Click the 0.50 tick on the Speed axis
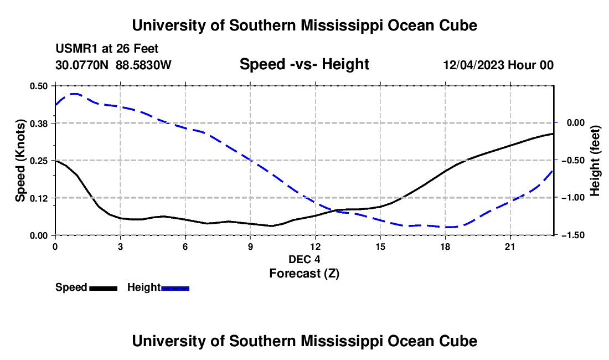click(39, 86)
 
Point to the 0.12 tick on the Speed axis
click(39, 198)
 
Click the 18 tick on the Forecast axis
click(445, 246)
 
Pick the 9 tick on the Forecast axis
click(250, 246)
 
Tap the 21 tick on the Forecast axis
click(510, 246)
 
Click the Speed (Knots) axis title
click(20, 161)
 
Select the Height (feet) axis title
click(595, 161)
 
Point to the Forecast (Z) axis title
click(304, 274)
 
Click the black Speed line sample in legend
click(104, 288)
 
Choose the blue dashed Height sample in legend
click(175, 288)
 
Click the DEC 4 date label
click(304, 259)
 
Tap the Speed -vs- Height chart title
click(304, 64)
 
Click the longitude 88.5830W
click(143, 65)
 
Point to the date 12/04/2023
click(474, 65)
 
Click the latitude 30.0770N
click(82, 65)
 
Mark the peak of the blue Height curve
click(75, 94)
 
